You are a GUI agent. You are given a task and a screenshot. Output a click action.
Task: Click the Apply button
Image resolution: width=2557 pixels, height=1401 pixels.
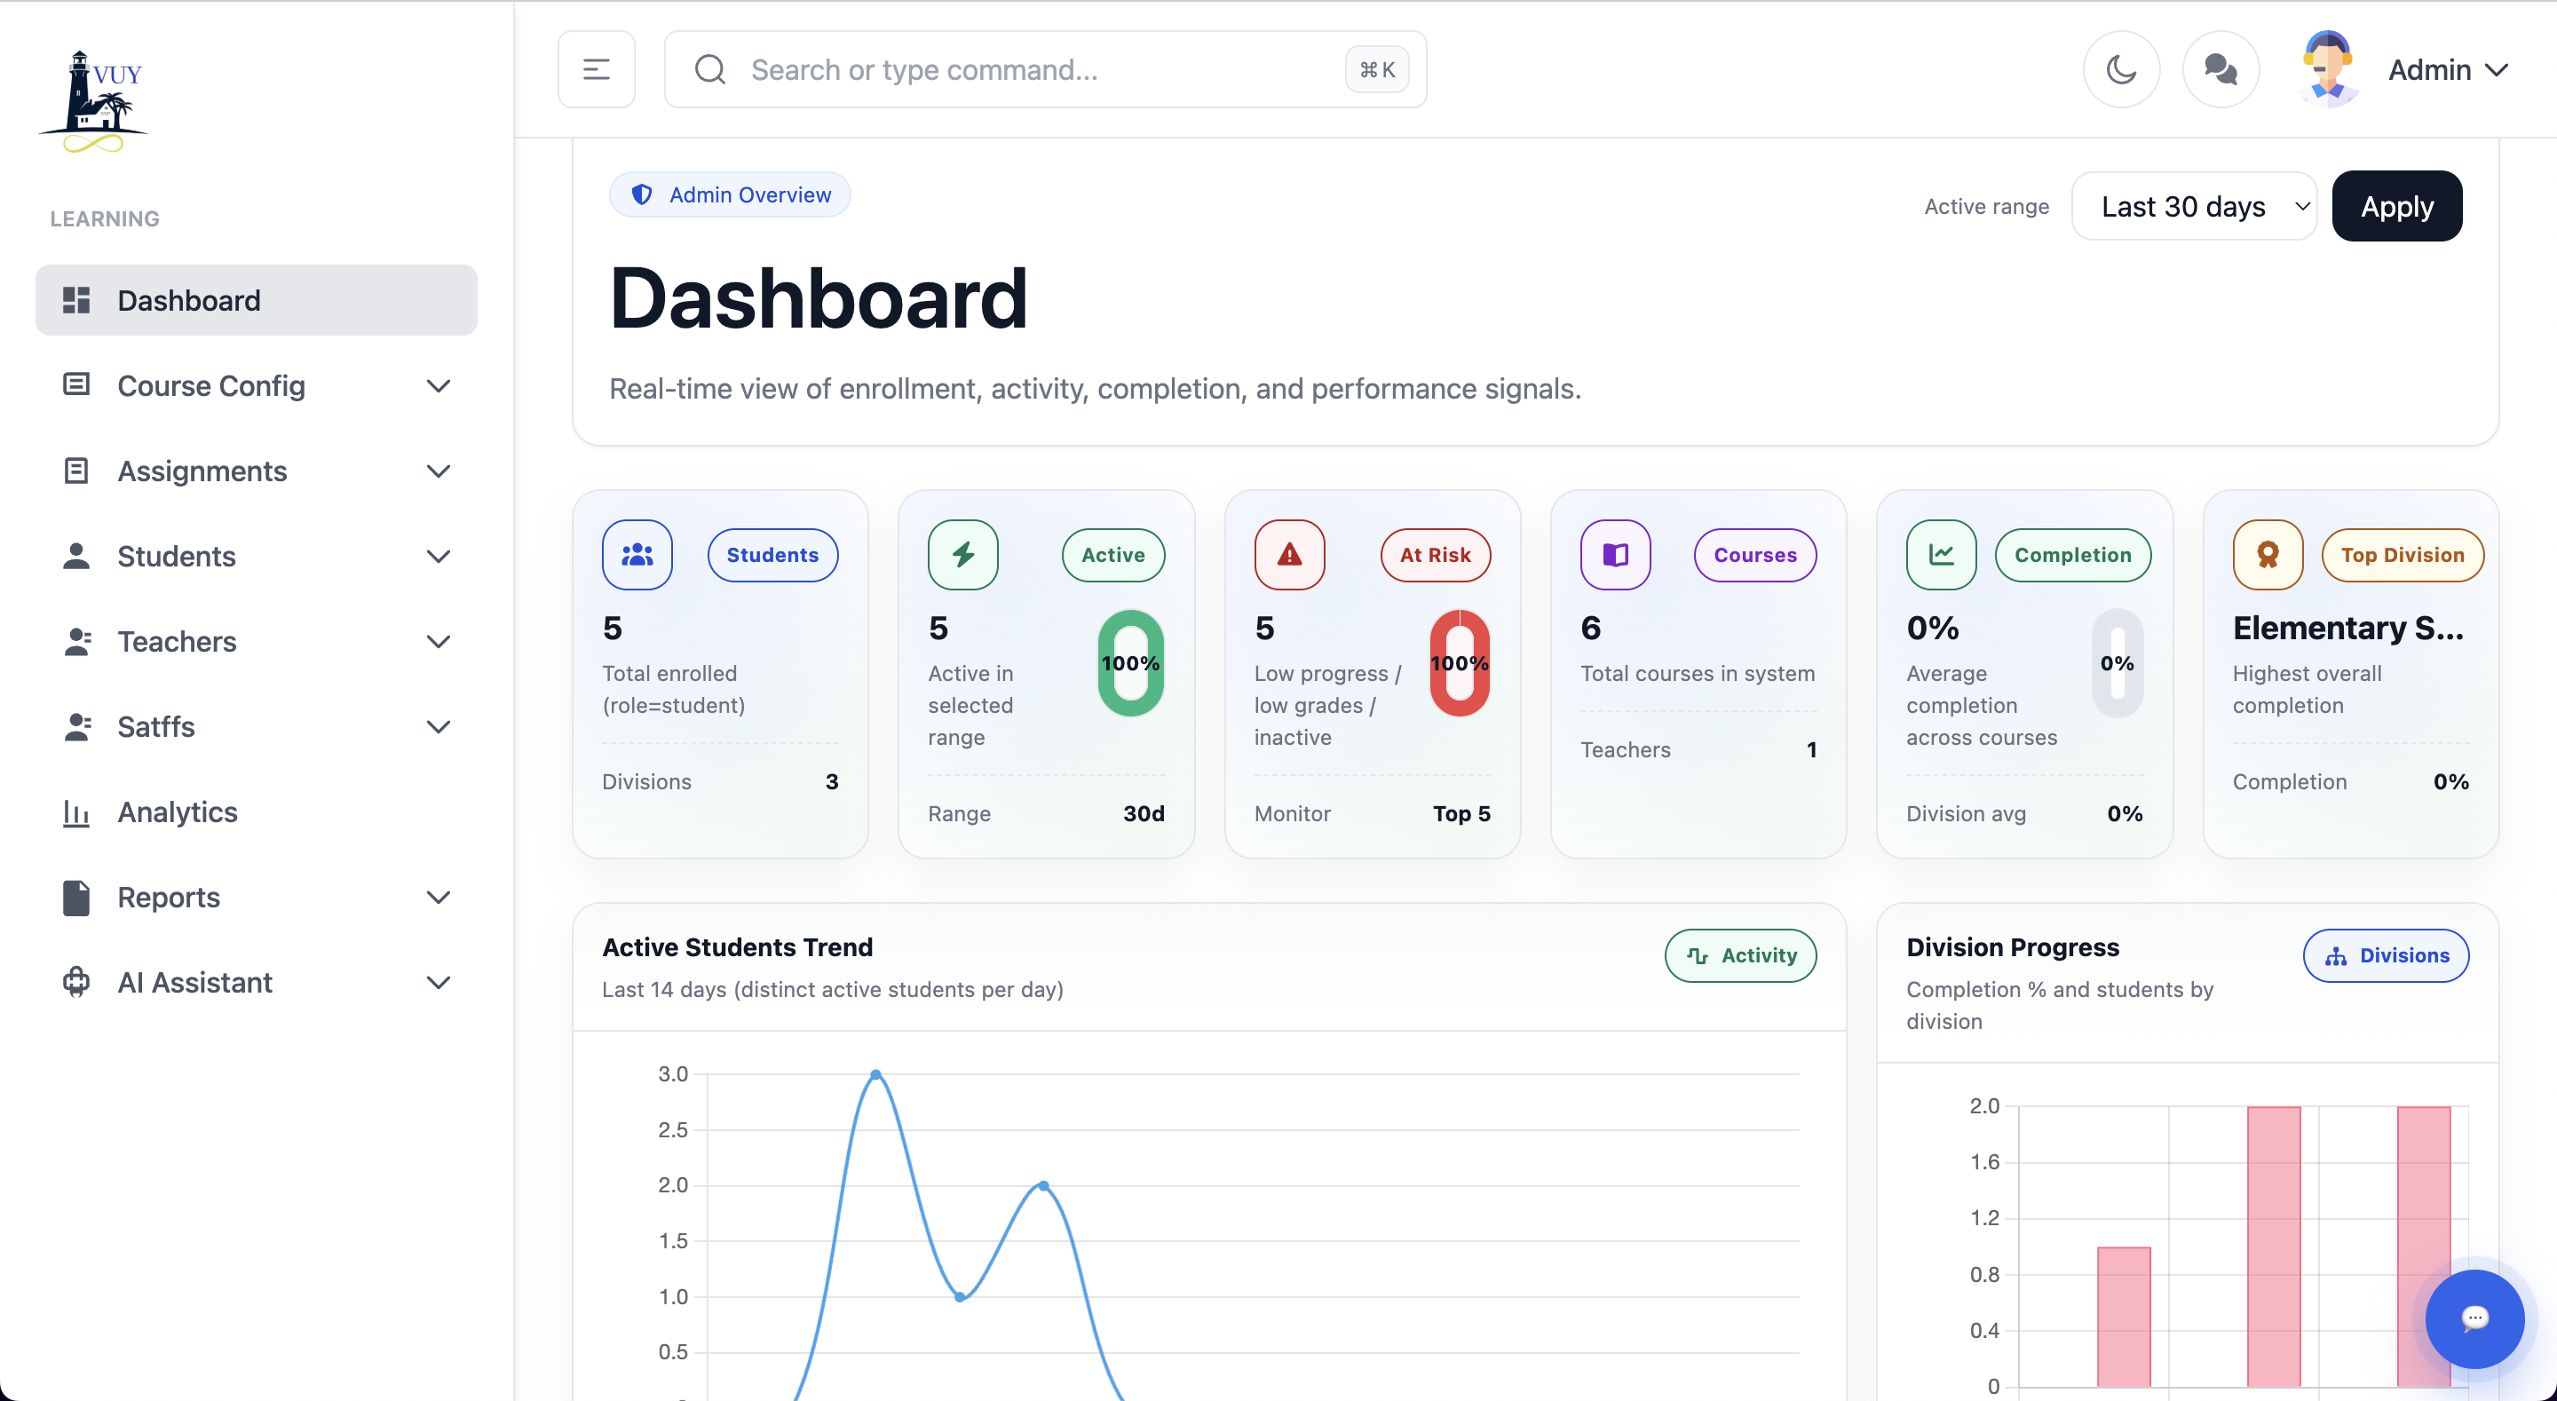click(2396, 207)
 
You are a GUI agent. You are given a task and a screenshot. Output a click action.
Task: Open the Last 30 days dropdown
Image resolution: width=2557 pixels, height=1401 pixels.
click(2194, 207)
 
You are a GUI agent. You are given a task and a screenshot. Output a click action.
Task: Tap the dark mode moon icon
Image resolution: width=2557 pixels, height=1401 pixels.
click(2120, 69)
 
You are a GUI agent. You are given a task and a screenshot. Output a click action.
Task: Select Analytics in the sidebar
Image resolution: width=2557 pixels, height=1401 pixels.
click(177, 812)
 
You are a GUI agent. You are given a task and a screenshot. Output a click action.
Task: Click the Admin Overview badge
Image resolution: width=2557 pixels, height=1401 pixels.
click(730, 194)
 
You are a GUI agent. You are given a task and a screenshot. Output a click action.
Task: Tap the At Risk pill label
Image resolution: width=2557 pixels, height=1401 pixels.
click(1435, 555)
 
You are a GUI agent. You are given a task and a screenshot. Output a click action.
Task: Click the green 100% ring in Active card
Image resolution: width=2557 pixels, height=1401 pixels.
click(1130, 663)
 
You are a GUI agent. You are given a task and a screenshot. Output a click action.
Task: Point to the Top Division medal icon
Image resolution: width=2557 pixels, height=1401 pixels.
click(2268, 555)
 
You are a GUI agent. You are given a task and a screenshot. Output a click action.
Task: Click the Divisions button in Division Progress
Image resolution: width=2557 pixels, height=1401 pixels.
click(2386, 955)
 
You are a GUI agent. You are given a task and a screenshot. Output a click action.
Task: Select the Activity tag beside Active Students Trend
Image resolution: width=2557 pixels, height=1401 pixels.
click(1740, 955)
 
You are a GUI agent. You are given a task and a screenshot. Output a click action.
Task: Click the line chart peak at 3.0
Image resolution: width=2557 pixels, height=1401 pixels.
click(875, 1074)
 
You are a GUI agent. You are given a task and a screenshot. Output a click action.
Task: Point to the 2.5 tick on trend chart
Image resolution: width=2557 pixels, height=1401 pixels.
click(673, 1130)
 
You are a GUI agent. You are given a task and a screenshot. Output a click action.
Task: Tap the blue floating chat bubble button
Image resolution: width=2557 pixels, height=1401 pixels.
click(2474, 1318)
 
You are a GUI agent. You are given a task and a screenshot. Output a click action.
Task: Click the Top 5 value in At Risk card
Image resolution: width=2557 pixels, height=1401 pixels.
click(1461, 813)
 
